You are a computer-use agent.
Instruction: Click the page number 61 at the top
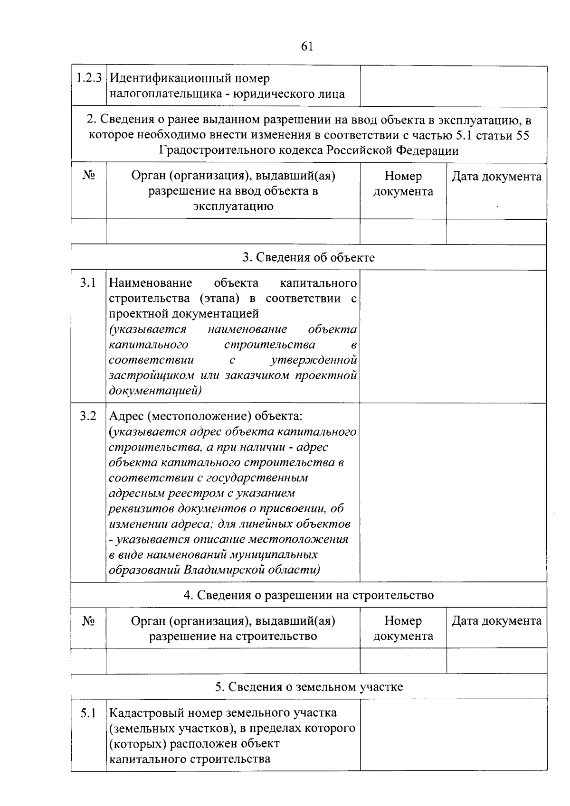coord(307,46)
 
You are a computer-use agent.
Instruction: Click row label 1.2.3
coord(89,78)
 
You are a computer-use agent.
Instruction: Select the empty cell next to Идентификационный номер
coord(453,86)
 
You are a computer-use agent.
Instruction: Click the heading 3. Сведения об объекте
coord(309,257)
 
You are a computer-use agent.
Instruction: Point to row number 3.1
coord(88,283)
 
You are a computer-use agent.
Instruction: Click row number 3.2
coord(88,416)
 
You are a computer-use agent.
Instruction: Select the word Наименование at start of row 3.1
coord(151,283)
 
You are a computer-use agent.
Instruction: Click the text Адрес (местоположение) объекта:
coord(206,416)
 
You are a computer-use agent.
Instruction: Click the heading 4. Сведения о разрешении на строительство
coord(309,595)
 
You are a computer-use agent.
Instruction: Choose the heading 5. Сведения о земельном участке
coord(309,686)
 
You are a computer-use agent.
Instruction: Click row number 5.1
coord(88,712)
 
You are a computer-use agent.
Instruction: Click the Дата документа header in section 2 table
coord(496,177)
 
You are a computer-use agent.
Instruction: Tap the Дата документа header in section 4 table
coord(496,621)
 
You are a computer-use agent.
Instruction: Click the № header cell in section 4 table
coord(89,621)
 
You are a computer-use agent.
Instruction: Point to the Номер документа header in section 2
coord(403,184)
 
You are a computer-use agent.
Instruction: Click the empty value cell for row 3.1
coord(453,336)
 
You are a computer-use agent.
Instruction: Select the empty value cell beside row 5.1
coord(453,735)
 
